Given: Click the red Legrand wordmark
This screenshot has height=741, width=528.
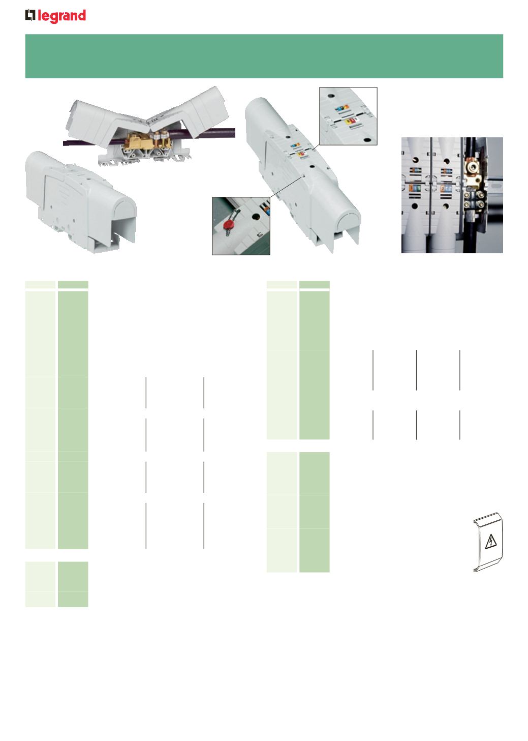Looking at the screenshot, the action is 62,16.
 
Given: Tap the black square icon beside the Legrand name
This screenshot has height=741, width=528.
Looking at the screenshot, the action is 30,15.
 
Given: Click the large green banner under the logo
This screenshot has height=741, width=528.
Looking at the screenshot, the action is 264,56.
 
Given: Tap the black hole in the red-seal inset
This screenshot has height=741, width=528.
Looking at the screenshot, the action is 256,217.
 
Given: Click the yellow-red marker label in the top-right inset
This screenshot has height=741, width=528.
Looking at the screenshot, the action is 350,121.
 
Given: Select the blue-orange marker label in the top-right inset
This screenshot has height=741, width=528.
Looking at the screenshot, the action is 342,108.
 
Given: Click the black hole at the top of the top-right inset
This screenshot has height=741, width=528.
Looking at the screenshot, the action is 331,96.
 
